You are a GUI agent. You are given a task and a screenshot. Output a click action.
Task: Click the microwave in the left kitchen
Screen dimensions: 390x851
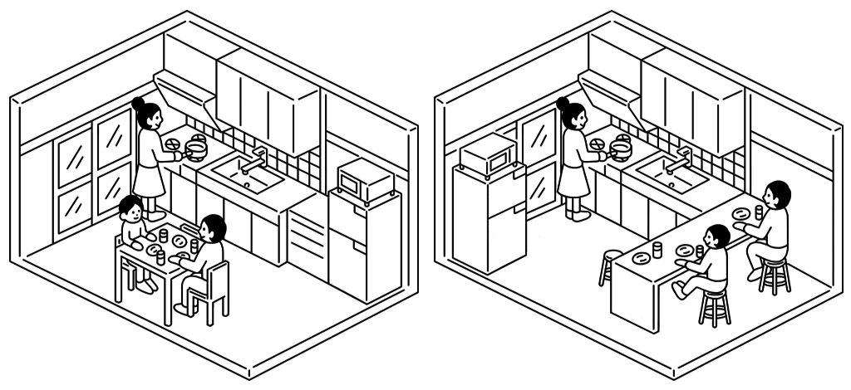pyautogui.click(x=362, y=180)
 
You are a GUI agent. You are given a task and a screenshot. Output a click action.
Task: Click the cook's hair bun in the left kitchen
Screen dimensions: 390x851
pyautogui.click(x=138, y=103)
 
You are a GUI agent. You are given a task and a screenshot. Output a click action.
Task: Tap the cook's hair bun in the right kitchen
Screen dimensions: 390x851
pyautogui.click(x=563, y=104)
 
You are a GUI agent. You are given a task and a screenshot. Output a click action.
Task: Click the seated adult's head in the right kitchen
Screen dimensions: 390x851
pyautogui.click(x=777, y=195)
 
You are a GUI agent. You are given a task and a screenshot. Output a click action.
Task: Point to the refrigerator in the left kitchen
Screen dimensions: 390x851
pyautogui.click(x=363, y=245)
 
